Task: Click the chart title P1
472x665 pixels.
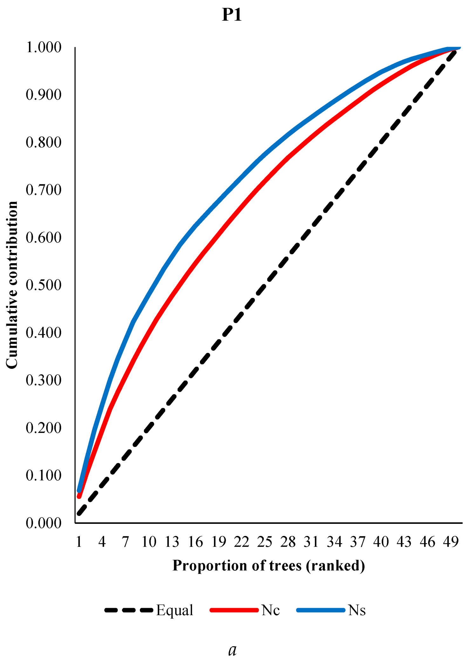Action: point(232,15)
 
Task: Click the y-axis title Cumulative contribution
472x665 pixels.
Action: point(12,285)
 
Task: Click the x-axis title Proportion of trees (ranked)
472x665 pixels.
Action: point(269,566)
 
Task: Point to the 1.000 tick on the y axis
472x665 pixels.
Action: point(44,47)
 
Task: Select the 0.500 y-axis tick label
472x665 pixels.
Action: point(44,285)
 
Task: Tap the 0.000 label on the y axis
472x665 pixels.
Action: point(44,523)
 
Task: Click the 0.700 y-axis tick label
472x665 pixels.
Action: point(44,190)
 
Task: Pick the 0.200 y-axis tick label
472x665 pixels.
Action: point(44,428)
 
